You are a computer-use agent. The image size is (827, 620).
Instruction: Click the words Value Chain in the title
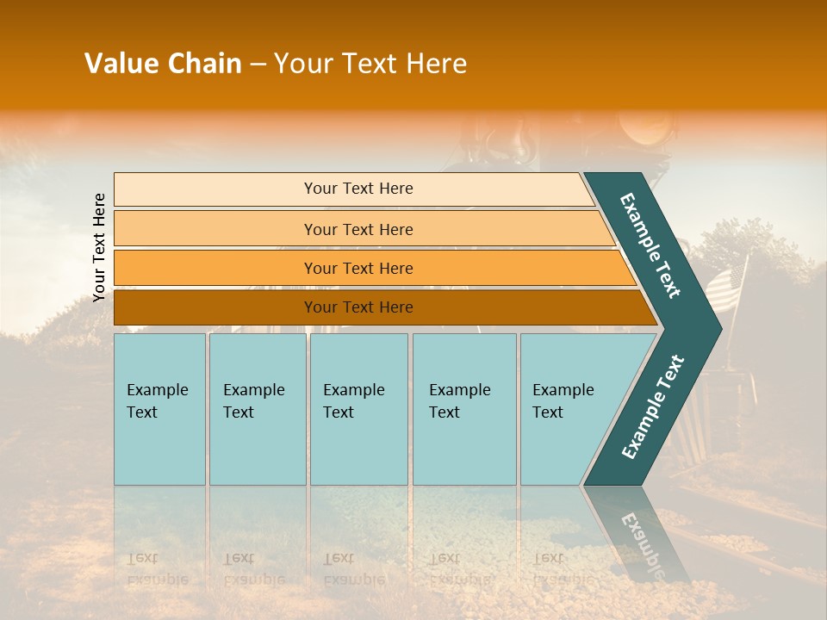(x=163, y=64)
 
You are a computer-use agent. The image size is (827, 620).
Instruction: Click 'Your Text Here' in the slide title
(x=370, y=64)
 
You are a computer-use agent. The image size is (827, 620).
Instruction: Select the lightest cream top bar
(x=215, y=189)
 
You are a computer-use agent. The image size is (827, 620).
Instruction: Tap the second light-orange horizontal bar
(x=215, y=229)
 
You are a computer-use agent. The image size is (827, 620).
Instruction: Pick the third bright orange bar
(x=215, y=268)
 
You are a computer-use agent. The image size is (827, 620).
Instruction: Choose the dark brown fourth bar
(x=215, y=307)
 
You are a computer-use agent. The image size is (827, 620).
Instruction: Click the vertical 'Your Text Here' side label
(x=99, y=247)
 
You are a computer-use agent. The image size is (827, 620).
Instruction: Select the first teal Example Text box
(x=159, y=409)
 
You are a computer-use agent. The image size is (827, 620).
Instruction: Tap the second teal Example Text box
(x=257, y=409)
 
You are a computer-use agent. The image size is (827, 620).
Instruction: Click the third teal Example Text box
(x=358, y=409)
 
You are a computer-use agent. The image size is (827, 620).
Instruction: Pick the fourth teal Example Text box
(x=463, y=409)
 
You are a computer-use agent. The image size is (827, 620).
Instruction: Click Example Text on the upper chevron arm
(x=650, y=245)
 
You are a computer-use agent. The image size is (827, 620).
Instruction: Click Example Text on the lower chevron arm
(x=652, y=407)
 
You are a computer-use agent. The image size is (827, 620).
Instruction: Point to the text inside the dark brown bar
(x=358, y=307)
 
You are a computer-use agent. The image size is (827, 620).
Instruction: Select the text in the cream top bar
(x=358, y=189)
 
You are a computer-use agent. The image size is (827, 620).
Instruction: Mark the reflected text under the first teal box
(x=157, y=569)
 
